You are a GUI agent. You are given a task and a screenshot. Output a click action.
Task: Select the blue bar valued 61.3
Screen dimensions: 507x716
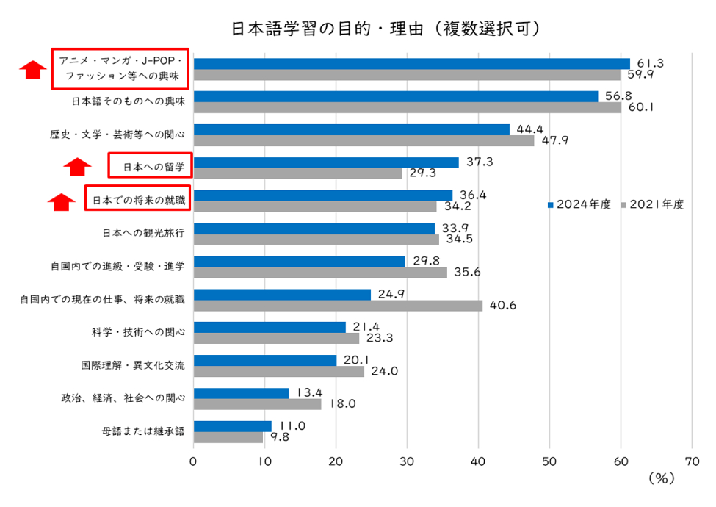click(411, 63)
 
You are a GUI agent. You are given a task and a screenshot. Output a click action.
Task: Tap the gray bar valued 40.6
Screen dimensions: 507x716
click(338, 306)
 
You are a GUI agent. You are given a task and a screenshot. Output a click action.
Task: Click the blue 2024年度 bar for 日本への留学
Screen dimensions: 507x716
click(326, 162)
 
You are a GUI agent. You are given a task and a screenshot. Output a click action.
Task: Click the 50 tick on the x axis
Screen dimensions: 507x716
click(549, 461)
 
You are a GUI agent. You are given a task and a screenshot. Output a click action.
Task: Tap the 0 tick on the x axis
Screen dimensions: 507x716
click(193, 461)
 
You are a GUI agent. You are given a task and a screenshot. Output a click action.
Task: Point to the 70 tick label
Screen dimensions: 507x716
click(692, 461)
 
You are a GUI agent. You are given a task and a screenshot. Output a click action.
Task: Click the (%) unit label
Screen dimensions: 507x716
click(661, 478)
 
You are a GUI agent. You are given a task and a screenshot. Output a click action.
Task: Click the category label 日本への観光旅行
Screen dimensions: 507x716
click(143, 233)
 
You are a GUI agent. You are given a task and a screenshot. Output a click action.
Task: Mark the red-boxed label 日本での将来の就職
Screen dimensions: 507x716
click(137, 199)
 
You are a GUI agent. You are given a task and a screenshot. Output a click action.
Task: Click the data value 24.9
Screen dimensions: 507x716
click(392, 294)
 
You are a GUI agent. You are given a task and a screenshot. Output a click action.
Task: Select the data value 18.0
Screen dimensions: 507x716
click(341, 403)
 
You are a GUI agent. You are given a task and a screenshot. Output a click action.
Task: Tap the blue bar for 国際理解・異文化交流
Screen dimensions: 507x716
click(264, 360)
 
